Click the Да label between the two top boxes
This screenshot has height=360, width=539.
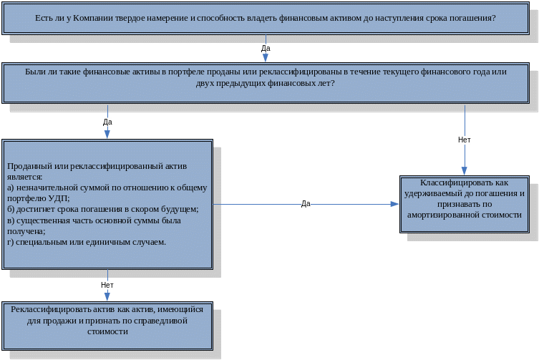point(266,48)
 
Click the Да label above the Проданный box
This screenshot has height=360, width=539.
point(107,122)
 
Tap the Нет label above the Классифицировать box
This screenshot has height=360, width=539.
point(464,140)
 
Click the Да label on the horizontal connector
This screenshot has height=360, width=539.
point(306,204)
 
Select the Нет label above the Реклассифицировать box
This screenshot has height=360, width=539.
point(107,285)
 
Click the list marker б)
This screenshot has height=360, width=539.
point(11,209)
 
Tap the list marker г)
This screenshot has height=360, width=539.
point(11,242)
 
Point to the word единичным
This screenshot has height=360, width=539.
point(118,242)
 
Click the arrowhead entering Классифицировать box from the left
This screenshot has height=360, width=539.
point(394,204)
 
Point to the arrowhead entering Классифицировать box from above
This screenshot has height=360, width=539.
point(464,171)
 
